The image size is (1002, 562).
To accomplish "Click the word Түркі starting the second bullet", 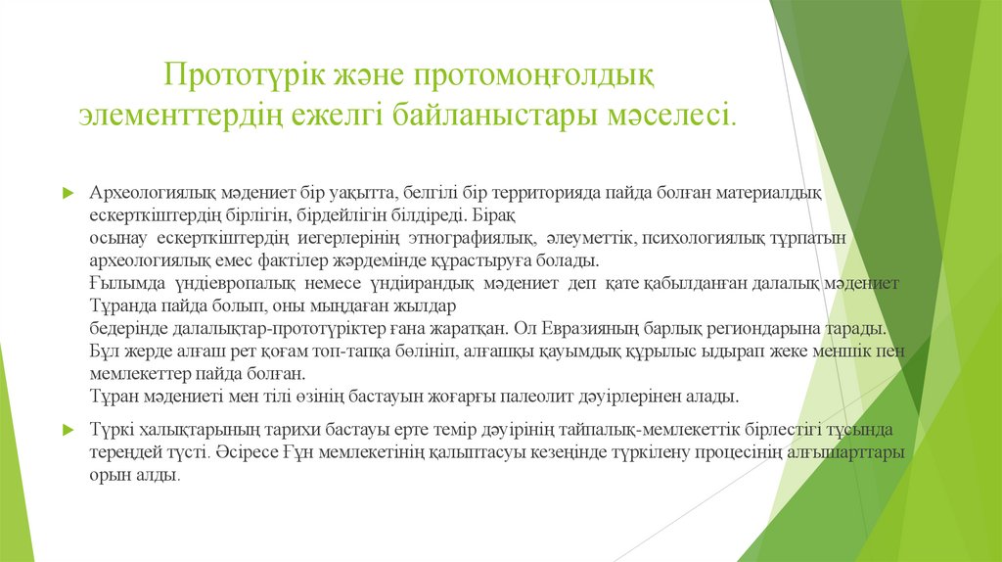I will [x=113, y=430].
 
